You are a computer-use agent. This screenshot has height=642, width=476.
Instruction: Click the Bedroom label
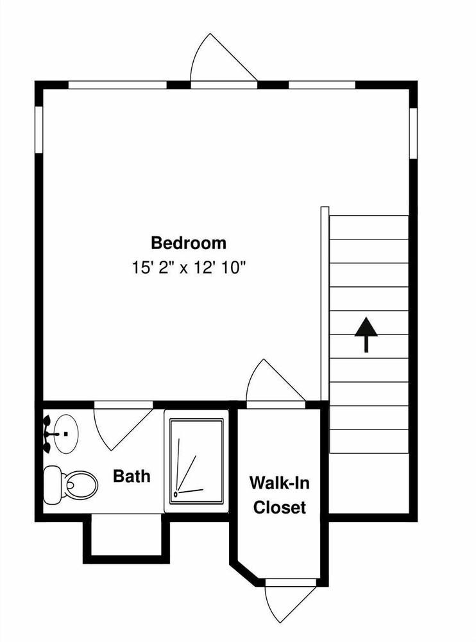[188, 243]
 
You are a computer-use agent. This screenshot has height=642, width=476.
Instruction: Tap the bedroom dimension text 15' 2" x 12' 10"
[188, 268]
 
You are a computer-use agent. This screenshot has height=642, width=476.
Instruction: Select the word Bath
[132, 476]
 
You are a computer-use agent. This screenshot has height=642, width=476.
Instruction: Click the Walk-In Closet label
[280, 495]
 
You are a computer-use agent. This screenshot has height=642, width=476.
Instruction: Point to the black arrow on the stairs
[366, 334]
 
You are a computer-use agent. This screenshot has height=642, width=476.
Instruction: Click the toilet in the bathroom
[71, 485]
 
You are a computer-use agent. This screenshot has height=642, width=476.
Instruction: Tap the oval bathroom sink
[66, 433]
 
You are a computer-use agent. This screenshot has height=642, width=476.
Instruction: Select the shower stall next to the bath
[196, 461]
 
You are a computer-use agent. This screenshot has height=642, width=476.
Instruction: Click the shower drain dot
[176, 494]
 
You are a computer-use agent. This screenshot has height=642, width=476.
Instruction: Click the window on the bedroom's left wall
[39, 130]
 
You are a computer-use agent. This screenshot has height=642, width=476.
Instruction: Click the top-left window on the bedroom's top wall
[117, 85]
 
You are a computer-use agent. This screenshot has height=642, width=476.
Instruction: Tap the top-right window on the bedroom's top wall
[322, 85]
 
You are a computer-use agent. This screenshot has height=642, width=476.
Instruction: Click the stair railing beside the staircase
[325, 304]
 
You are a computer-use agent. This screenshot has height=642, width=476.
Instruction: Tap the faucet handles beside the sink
[47, 434]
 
